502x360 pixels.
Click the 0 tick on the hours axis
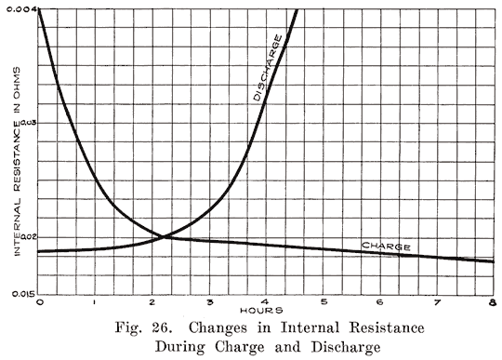(x=40, y=302)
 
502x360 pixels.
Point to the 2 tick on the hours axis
(x=153, y=302)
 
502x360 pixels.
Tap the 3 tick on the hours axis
(x=210, y=302)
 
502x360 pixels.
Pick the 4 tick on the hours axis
(x=267, y=302)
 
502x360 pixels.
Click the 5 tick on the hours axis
(x=324, y=302)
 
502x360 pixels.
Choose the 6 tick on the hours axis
(x=380, y=302)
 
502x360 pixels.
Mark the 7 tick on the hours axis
(x=437, y=302)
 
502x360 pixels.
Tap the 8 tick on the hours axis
(x=492, y=302)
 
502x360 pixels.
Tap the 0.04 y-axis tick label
(x=22, y=8)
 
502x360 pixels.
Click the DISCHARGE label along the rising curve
(x=267, y=67)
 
